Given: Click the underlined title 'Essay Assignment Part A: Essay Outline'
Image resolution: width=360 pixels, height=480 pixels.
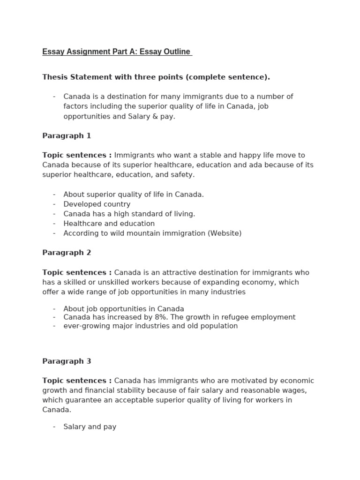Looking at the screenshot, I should tap(117, 52).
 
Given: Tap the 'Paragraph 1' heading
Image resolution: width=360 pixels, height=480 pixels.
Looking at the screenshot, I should tap(67, 136).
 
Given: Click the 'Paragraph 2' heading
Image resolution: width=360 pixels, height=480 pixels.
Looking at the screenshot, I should tap(67, 253).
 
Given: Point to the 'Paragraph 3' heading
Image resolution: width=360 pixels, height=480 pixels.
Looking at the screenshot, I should tap(67, 361).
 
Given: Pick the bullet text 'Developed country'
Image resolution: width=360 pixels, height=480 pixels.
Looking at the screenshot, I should tap(97, 204).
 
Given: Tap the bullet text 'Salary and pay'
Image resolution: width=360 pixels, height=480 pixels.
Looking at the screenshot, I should tap(90, 427).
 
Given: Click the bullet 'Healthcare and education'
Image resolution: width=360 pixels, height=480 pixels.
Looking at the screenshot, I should tap(109, 224).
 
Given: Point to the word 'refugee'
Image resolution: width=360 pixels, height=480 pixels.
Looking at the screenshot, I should tap(236, 317).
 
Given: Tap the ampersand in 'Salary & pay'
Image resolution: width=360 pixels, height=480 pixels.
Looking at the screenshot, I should tap(153, 116).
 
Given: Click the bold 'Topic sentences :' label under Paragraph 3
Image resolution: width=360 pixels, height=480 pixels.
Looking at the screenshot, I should tap(77, 381).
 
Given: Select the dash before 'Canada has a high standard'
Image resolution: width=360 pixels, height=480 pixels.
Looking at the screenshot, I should tap(54, 214).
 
